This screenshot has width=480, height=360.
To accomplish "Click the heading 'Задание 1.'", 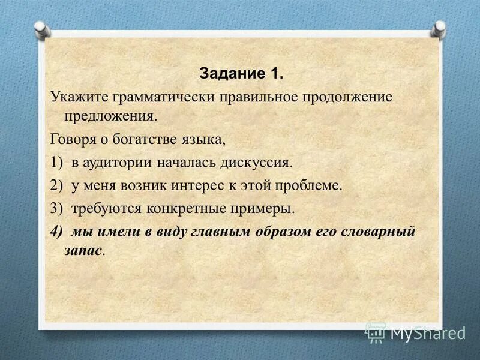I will pos(240,74).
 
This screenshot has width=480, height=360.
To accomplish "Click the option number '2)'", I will pos(57,186).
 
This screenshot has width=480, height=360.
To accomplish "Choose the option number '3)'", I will pos(57,209).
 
